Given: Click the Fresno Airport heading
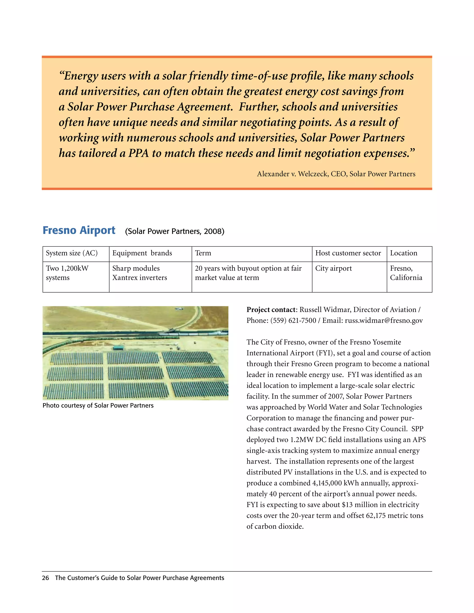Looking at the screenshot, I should (x=79, y=230).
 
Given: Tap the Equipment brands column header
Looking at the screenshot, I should (x=142, y=253).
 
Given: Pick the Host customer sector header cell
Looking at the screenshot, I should (x=348, y=253).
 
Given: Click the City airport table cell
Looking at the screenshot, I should (x=333, y=268).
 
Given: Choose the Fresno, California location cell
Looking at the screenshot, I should (x=406, y=273).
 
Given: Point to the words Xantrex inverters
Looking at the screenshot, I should (x=140, y=278).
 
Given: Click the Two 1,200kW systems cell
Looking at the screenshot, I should (x=67, y=273).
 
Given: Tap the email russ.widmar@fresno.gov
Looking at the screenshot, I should (x=384, y=321).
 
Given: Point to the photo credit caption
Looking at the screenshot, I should (x=98, y=406).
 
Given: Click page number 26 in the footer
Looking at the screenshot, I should (x=45, y=578).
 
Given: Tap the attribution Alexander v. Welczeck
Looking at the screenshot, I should (x=292, y=174).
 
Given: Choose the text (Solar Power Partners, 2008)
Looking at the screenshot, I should (x=175, y=232).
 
